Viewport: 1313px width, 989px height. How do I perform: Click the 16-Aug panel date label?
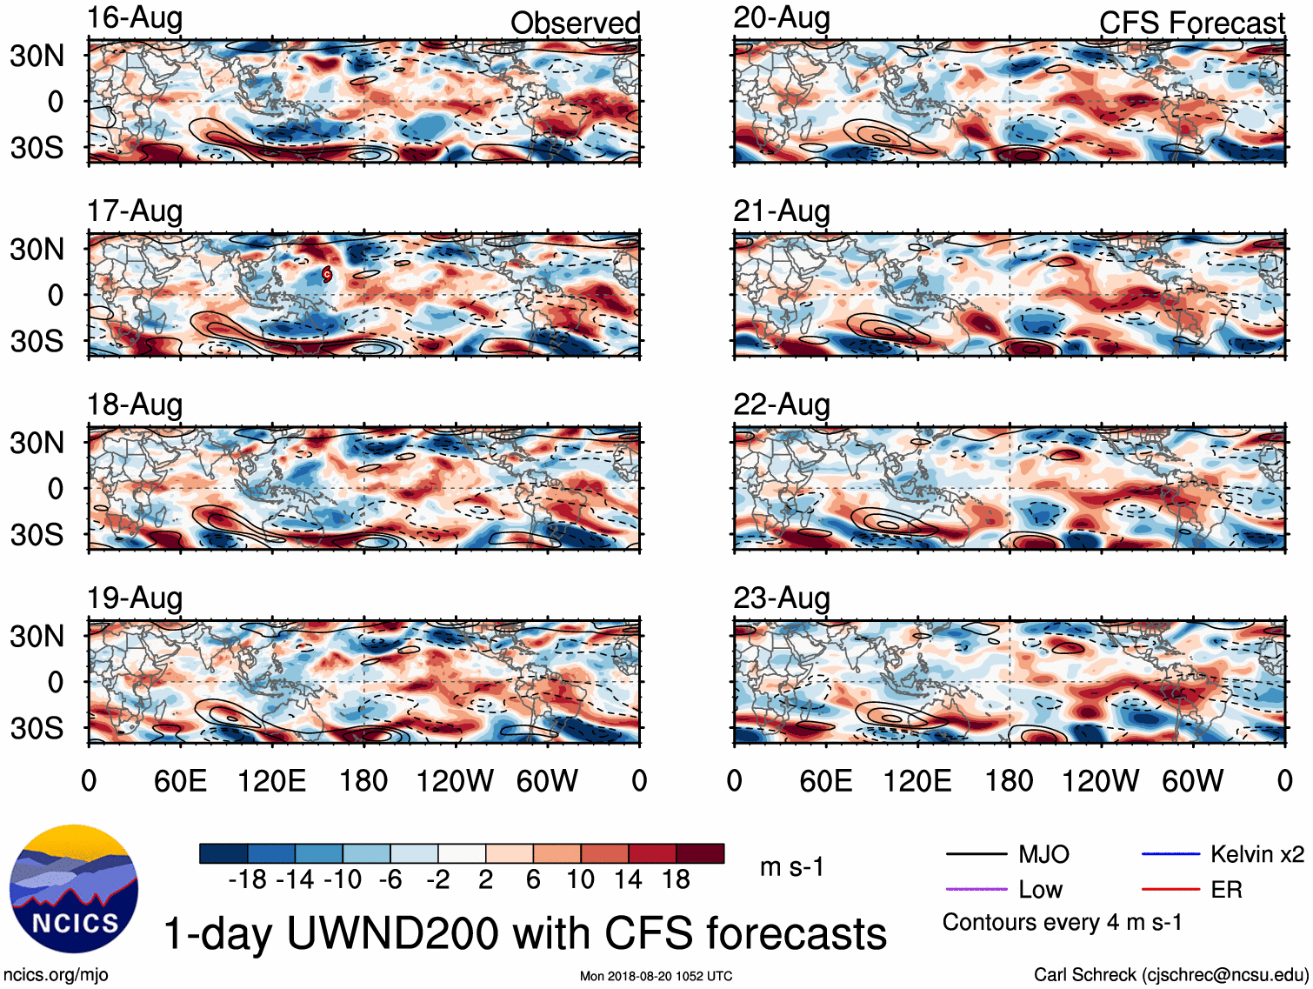point(135,18)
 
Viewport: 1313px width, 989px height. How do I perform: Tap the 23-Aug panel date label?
point(781,598)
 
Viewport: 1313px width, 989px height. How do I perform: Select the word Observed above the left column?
point(575,23)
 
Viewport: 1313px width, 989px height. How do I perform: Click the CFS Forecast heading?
point(1191,23)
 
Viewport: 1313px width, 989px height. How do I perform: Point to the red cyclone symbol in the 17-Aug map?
point(327,275)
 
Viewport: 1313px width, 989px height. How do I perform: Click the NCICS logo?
point(74,888)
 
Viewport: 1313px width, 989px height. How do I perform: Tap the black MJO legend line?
point(976,854)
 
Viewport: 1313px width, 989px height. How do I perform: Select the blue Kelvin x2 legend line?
point(1170,854)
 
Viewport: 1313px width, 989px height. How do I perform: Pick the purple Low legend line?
point(976,889)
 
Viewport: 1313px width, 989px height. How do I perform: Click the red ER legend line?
point(1170,889)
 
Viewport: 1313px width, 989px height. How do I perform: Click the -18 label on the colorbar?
point(247,880)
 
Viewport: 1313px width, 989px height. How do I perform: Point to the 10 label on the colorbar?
point(580,880)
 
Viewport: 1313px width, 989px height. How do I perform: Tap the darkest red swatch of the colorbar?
point(700,853)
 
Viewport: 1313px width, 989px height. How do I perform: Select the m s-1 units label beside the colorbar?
point(791,867)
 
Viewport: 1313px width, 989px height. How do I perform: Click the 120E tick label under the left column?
point(271,781)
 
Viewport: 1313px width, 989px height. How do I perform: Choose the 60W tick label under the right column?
point(1192,781)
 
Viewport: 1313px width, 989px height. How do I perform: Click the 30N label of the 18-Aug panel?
point(37,443)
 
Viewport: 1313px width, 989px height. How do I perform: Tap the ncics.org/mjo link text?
point(56,975)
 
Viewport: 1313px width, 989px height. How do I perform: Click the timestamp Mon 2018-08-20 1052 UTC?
point(656,976)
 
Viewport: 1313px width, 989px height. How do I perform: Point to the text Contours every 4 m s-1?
point(1062,922)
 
